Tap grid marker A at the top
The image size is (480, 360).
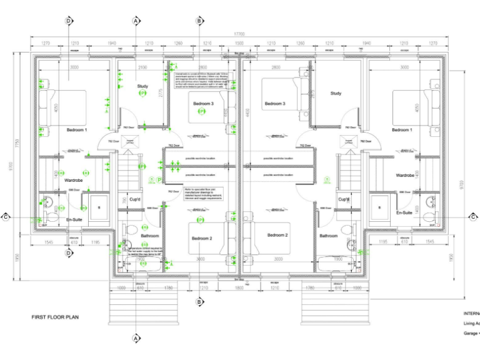(x=135, y=21)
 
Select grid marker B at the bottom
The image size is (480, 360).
(x=199, y=302)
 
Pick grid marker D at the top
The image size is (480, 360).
(x=69, y=21)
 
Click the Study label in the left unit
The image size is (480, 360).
(x=142, y=86)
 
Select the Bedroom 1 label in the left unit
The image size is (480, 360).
(x=77, y=129)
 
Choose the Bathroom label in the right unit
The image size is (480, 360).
(x=329, y=236)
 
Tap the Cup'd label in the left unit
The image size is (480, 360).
(x=134, y=199)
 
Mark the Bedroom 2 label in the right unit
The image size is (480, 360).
(x=277, y=235)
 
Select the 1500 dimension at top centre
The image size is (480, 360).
(x=239, y=44)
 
